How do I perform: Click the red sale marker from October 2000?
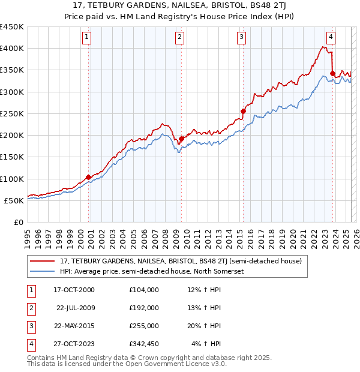pos(89,177)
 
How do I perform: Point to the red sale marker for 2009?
pos(181,139)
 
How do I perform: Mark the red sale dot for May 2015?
pos(243,111)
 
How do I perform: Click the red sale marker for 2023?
pos(332,73)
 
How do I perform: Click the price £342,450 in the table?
pos(144,344)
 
